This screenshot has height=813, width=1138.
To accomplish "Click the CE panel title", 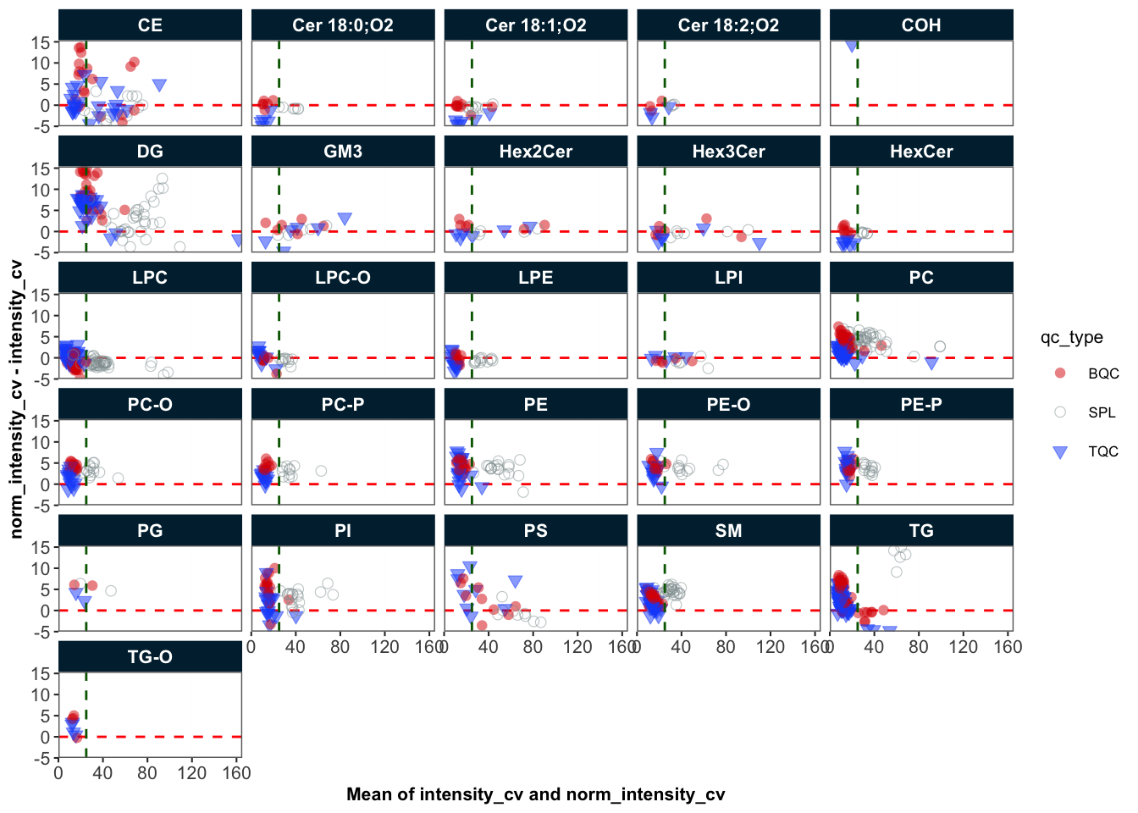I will pyautogui.click(x=150, y=25).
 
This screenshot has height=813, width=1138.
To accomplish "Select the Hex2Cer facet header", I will pyautogui.click(x=535, y=152).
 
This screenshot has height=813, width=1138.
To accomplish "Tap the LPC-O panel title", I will pyautogui.click(x=343, y=278).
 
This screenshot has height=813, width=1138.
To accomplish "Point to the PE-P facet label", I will pyautogui.click(x=921, y=404).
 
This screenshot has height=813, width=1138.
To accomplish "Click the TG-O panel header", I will pyautogui.click(x=150, y=657).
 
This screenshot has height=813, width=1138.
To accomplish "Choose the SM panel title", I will pyautogui.click(x=728, y=531).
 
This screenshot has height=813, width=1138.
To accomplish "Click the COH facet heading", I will pyautogui.click(x=921, y=25).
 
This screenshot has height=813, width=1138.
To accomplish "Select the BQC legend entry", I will pyautogui.click(x=1103, y=373).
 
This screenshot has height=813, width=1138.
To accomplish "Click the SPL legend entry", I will pyautogui.click(x=1102, y=412).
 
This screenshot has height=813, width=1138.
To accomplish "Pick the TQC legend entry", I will pyautogui.click(x=1103, y=451).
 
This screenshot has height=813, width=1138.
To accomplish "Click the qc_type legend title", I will pyautogui.click(x=1071, y=337).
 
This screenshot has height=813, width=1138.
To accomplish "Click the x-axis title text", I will pyautogui.click(x=535, y=794).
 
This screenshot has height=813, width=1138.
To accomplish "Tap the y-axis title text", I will pyautogui.click(x=16, y=399).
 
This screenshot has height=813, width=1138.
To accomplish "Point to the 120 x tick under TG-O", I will pyautogui.click(x=192, y=773).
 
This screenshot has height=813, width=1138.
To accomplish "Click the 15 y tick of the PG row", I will pyautogui.click(x=41, y=547).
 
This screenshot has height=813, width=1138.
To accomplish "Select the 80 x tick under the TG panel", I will pyautogui.click(x=919, y=647).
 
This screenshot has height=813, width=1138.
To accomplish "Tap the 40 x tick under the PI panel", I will pyautogui.click(x=296, y=647).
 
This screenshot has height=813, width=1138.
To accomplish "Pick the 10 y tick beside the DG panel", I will pyautogui.click(x=41, y=190).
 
